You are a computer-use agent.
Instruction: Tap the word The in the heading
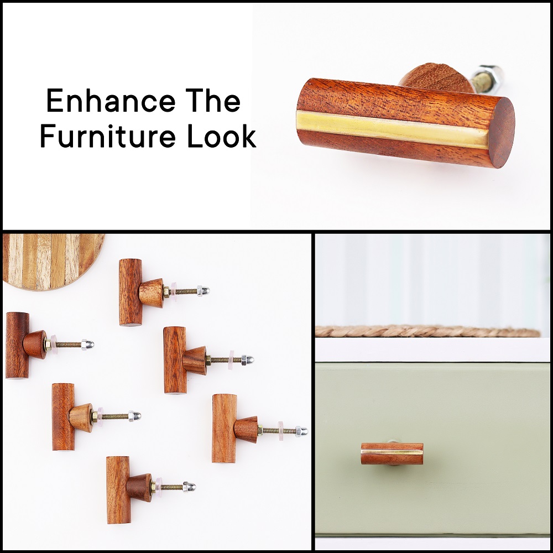click(x=213, y=101)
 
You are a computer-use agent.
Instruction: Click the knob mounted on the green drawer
click(x=392, y=454)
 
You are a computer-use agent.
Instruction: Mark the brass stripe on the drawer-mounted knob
click(x=392, y=451)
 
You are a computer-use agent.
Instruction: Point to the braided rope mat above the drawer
click(x=427, y=331)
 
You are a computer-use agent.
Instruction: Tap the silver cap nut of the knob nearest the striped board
click(x=204, y=290)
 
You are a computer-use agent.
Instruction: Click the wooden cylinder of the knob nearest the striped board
click(x=131, y=292)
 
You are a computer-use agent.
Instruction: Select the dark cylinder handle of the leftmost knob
click(x=17, y=345)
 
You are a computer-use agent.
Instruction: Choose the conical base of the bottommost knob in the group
click(x=139, y=488)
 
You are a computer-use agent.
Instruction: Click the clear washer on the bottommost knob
click(x=159, y=487)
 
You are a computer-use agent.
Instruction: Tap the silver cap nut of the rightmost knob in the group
click(x=301, y=431)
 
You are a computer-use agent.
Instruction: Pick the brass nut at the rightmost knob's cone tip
click(x=260, y=430)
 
